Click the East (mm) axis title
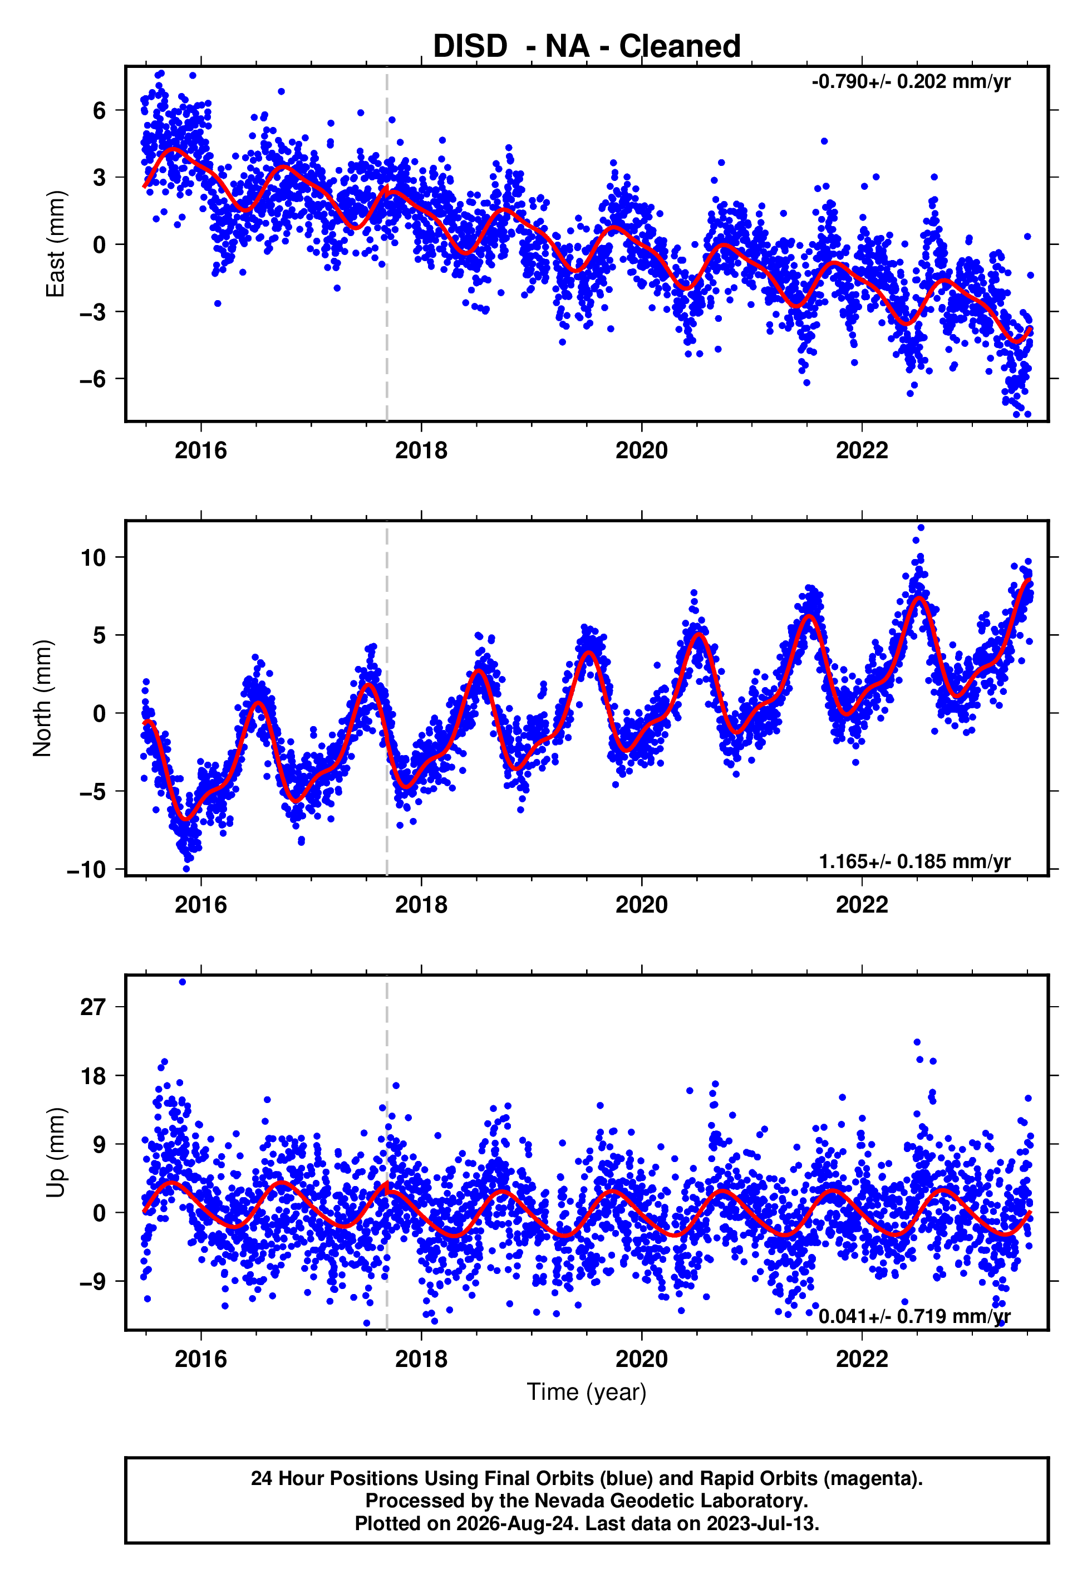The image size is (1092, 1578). tap(56, 244)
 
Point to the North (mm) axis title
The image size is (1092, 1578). tap(42, 698)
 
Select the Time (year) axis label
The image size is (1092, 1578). tap(587, 1393)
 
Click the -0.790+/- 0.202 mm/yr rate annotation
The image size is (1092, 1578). tap(911, 81)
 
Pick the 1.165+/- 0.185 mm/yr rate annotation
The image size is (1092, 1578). tap(915, 861)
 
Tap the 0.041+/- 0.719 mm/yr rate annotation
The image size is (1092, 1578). tap(915, 1316)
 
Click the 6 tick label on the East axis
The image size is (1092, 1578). tap(100, 110)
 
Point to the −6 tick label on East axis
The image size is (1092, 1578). tap(93, 379)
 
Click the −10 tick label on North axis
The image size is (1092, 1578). tap(87, 870)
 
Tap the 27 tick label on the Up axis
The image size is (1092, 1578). tap(94, 1007)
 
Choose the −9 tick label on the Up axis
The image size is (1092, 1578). tap(93, 1281)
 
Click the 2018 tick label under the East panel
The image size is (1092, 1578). tap(421, 450)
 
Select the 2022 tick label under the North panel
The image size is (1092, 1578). tap(862, 905)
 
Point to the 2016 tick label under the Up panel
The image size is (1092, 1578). tap(200, 1359)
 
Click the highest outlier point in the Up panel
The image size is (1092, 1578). tap(182, 982)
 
